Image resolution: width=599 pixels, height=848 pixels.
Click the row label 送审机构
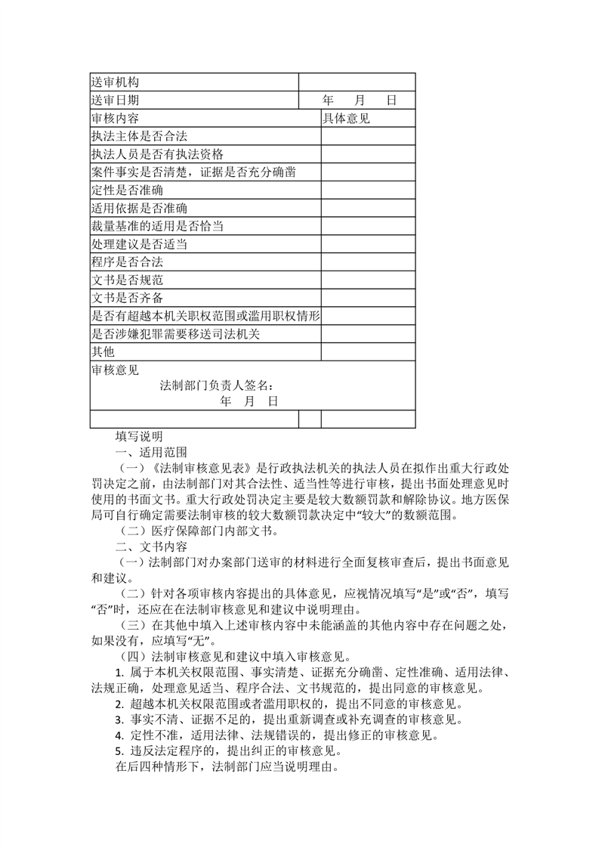[115, 82]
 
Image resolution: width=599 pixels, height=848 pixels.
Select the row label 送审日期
[115, 100]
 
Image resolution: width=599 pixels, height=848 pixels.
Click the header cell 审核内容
[115, 118]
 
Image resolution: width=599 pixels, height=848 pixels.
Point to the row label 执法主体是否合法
[139, 136]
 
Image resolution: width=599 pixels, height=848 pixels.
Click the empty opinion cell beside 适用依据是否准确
[368, 208]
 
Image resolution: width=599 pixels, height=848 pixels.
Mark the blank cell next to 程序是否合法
[368, 262]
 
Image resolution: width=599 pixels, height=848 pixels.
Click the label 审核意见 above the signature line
[115, 370]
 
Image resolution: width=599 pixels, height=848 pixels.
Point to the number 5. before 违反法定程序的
[119, 751]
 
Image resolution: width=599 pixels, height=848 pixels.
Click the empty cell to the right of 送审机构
[357, 82]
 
